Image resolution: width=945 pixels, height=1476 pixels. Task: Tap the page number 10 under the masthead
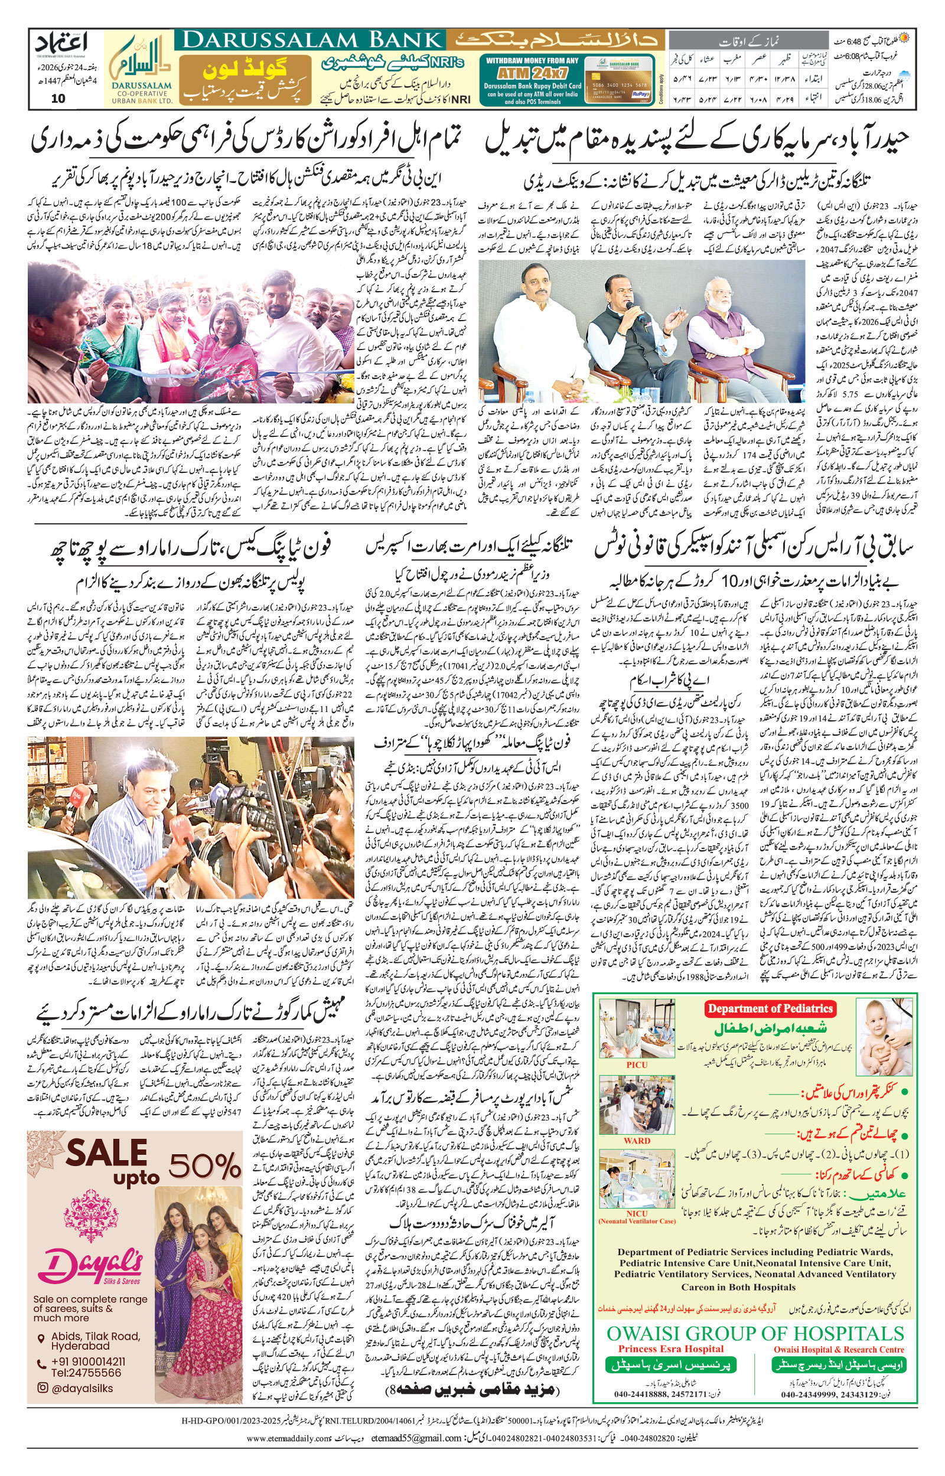58,98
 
